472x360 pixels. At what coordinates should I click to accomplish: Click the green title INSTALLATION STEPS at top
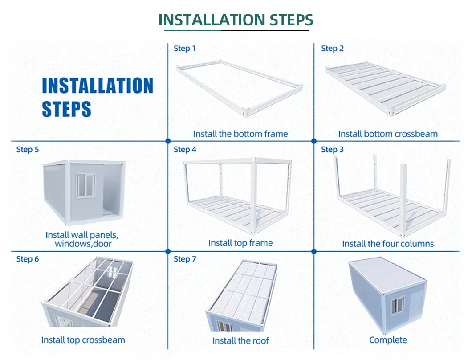(x=236, y=20)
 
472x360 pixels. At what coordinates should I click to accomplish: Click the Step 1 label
(x=184, y=48)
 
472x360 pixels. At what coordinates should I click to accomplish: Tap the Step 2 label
(x=332, y=48)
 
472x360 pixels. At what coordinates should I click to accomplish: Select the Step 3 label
(x=332, y=149)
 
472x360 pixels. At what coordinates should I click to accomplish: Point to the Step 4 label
(x=185, y=149)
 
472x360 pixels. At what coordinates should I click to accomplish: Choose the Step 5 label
(x=28, y=149)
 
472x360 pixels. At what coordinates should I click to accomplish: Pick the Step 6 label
(x=28, y=259)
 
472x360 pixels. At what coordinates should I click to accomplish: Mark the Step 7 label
(x=185, y=259)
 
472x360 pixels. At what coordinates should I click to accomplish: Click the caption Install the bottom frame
(x=240, y=134)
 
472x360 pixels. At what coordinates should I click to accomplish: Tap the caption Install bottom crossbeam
(x=388, y=134)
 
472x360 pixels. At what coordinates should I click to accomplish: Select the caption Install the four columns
(x=388, y=243)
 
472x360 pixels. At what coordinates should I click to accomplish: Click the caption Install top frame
(x=240, y=243)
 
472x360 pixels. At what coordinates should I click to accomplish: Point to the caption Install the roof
(x=240, y=340)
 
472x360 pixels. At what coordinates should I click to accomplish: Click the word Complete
(x=388, y=340)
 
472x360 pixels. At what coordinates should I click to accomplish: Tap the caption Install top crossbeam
(x=83, y=340)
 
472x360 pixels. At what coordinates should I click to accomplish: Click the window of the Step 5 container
(x=86, y=186)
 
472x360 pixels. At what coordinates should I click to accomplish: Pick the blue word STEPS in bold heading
(x=66, y=109)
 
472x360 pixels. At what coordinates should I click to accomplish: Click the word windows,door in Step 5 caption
(x=83, y=243)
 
